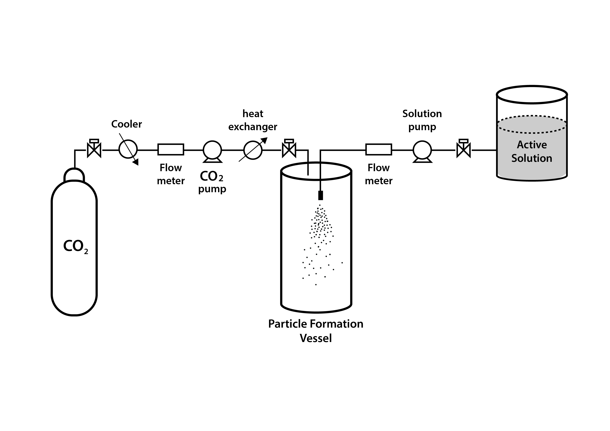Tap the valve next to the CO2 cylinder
pyautogui.click(x=94, y=150)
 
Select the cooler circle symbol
pyautogui.click(x=128, y=149)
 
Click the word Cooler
pyautogui.click(x=126, y=124)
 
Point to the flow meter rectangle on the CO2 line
pyautogui.click(x=171, y=149)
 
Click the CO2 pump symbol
pyautogui.click(x=212, y=151)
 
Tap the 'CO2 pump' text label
pyautogui.click(x=212, y=182)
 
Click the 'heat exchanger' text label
pyautogui.click(x=253, y=120)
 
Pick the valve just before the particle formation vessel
pyautogui.click(x=289, y=150)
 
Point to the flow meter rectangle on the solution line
pyautogui.click(x=379, y=149)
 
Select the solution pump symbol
pyautogui.click(x=422, y=151)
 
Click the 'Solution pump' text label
pyautogui.click(x=422, y=120)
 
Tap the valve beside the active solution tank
pyautogui.click(x=463, y=150)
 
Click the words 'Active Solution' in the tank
pyautogui.click(x=532, y=151)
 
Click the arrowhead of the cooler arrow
pyautogui.click(x=136, y=162)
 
